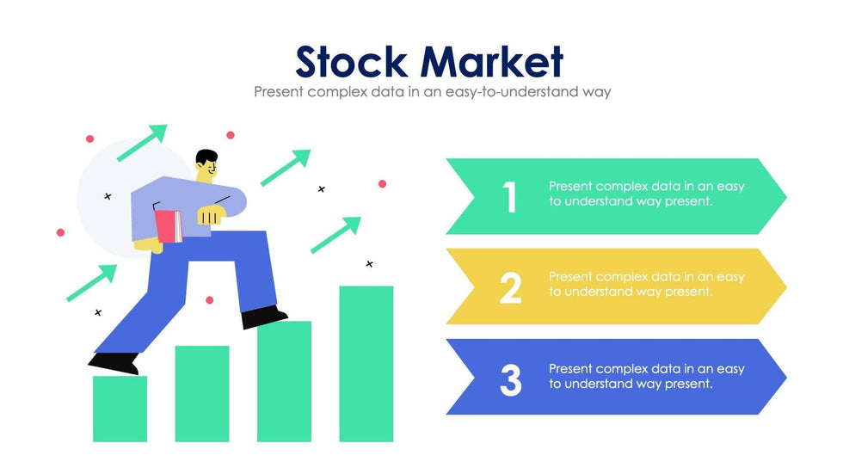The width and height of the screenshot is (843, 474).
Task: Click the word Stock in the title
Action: (354, 61)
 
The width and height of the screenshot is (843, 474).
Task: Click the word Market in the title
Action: (493, 61)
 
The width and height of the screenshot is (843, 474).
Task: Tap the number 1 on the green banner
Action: (510, 197)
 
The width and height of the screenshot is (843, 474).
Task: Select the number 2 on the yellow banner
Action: (510, 287)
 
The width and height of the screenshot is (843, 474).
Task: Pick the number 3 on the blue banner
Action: (510, 379)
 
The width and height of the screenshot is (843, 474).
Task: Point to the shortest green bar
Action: (120, 409)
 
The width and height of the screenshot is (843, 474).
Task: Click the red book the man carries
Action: (169, 226)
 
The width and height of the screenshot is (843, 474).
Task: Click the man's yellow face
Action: (206, 172)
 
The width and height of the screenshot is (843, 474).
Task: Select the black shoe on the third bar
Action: (264, 317)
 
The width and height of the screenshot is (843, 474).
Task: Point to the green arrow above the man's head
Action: (143, 143)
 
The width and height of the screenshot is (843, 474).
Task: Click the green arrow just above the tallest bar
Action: (336, 234)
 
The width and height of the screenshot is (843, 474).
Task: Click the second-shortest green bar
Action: (202, 393)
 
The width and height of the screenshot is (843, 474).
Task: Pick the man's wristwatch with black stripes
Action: (209, 217)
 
